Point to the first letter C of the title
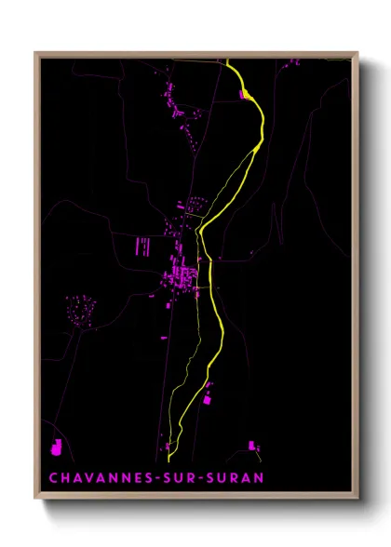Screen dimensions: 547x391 tap(54, 478)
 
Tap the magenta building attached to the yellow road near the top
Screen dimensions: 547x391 tap(246, 94)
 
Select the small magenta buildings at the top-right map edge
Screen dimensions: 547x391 tap(294, 61)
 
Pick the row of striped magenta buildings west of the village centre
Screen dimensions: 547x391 tap(144, 246)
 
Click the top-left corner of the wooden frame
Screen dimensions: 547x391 tap(36, 53)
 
